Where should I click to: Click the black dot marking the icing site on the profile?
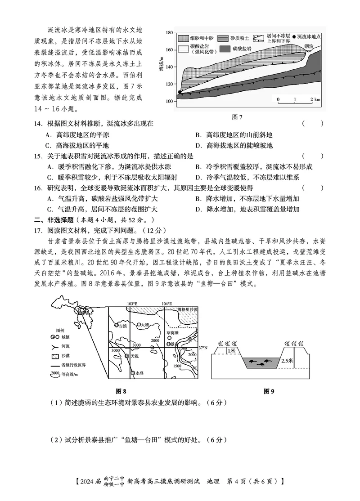[x=180, y=92]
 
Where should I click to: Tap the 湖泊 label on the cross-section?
[x=308, y=46]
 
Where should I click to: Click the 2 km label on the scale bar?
[x=314, y=99]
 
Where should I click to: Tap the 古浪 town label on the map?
[x=122, y=326]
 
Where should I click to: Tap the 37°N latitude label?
[x=203, y=347]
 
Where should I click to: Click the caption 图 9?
[x=269, y=391]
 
